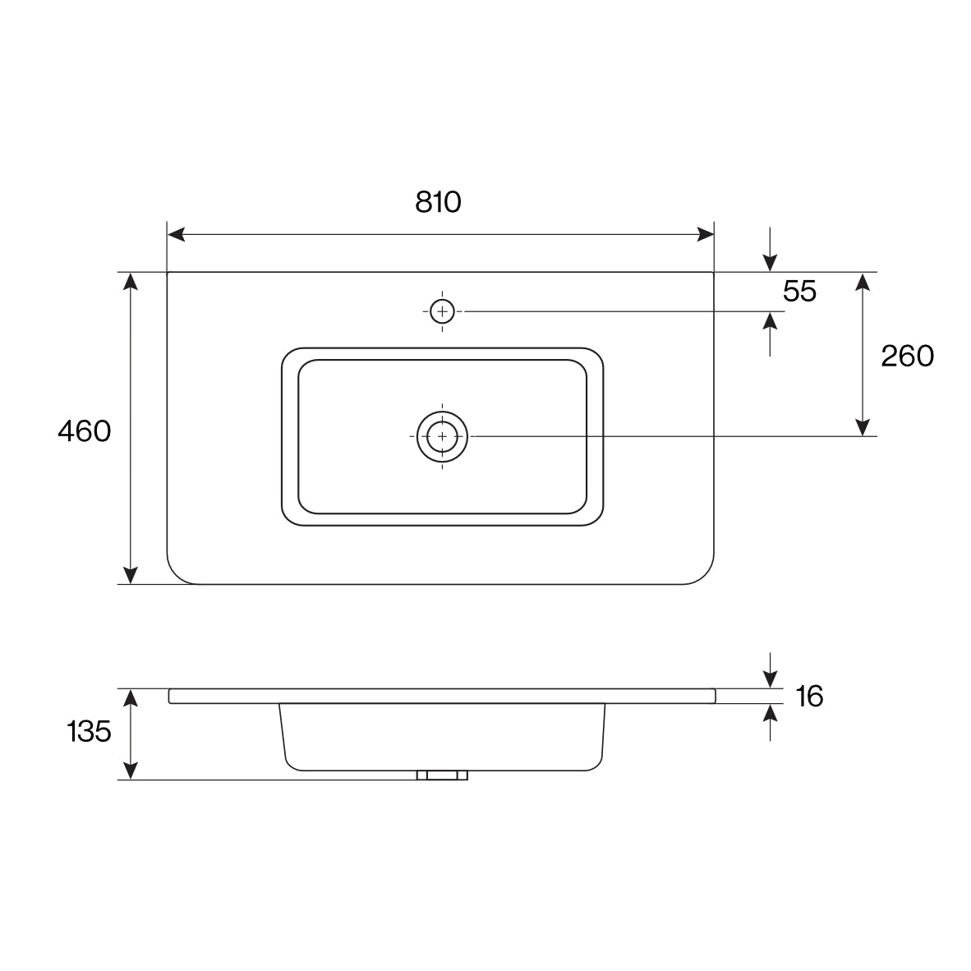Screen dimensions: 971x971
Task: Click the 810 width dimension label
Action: (439, 202)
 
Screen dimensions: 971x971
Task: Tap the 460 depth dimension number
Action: (85, 431)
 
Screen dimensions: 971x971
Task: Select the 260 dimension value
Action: (907, 356)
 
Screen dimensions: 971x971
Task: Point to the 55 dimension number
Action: (799, 291)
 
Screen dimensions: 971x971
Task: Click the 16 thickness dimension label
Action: (809, 697)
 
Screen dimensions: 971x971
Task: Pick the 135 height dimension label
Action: (90, 731)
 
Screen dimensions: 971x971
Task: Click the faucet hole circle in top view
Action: (442, 311)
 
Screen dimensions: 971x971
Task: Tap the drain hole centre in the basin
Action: (442, 436)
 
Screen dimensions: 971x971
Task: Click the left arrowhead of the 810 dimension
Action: (176, 235)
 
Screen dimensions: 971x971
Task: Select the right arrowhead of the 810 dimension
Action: (706, 235)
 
